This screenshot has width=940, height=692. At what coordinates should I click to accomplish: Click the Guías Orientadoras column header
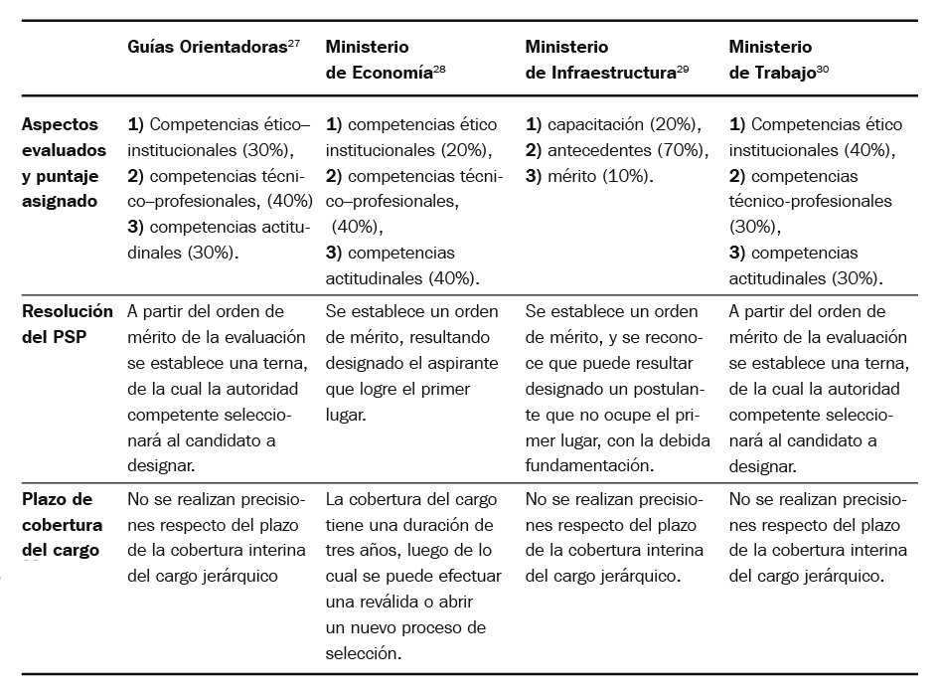(x=208, y=48)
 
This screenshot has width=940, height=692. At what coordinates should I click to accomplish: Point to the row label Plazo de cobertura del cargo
(x=61, y=524)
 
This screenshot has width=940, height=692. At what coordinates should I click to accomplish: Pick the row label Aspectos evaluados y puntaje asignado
(x=64, y=163)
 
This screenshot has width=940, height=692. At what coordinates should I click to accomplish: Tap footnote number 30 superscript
(x=823, y=69)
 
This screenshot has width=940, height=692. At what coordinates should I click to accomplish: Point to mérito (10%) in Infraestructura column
(x=600, y=176)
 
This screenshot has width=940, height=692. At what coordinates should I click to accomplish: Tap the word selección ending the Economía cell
(x=362, y=654)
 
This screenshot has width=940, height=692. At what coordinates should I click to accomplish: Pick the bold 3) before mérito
(x=534, y=176)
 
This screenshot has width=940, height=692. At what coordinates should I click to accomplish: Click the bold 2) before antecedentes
(x=534, y=151)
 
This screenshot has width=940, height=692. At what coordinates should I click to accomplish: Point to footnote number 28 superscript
(x=440, y=69)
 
